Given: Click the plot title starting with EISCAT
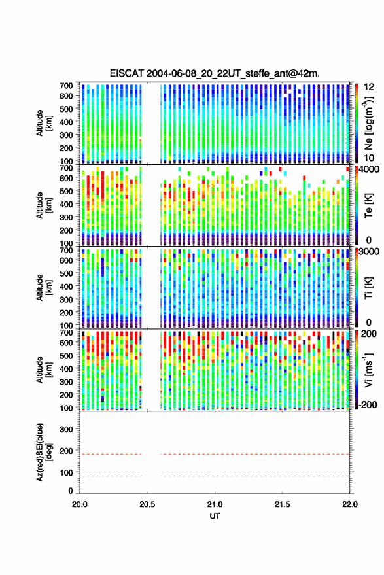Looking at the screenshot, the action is click(215, 73).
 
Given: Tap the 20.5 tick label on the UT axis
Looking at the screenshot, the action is click(147, 504).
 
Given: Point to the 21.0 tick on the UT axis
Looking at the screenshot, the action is click(215, 504).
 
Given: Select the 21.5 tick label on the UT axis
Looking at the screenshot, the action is click(282, 504).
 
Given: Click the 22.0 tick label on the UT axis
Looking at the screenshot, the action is click(349, 504).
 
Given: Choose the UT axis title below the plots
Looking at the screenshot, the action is click(215, 516).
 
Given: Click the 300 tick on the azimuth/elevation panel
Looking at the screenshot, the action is click(66, 429).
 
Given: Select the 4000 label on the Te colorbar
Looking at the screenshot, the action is click(369, 170).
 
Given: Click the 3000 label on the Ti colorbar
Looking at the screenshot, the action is click(369, 252).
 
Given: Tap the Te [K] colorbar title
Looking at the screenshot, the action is click(368, 205).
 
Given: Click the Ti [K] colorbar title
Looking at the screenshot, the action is click(368, 287).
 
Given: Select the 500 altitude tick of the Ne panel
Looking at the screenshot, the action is click(66, 109).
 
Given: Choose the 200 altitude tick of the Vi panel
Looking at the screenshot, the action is click(66, 395).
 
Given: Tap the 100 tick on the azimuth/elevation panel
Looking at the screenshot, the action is click(66, 473).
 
